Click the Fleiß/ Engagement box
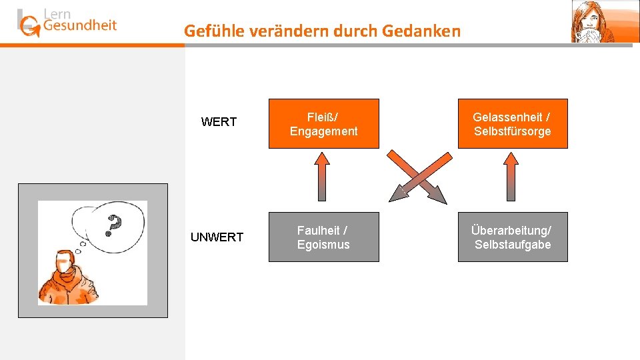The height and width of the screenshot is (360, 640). [323, 124]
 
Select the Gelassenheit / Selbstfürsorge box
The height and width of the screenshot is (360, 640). [512, 124]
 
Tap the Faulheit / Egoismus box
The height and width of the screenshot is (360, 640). [323, 237]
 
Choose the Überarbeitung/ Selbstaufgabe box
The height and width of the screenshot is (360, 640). [512, 237]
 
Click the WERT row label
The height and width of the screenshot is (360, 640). [219, 122]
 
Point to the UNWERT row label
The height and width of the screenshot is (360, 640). [217, 237]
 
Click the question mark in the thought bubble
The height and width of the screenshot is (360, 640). [115, 225]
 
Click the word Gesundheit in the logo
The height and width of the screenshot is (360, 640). [79, 25]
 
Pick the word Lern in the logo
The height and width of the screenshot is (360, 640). [57, 13]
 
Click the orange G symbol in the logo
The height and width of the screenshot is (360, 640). [30, 27]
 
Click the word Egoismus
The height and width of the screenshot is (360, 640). [323, 245]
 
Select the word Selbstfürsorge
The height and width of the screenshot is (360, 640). [513, 131]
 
